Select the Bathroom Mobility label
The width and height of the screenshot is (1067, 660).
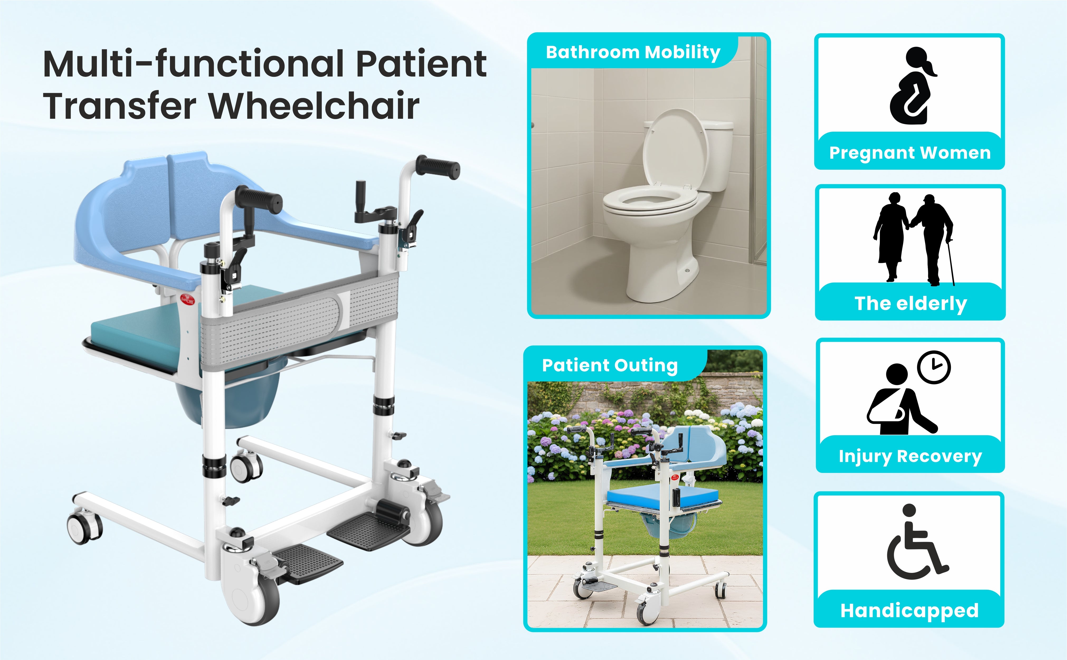[633, 52]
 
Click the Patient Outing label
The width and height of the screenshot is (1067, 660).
[610, 365]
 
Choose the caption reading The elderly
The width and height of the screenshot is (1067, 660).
[911, 304]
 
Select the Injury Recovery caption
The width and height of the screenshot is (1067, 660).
[910, 456]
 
